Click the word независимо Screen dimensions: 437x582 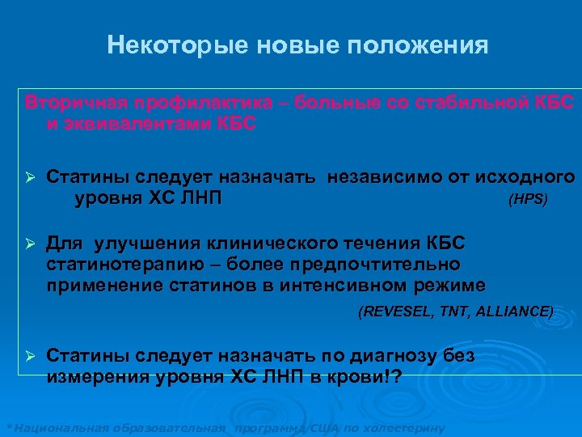[x=379, y=176]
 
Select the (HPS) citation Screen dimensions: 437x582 [x=527, y=199]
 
